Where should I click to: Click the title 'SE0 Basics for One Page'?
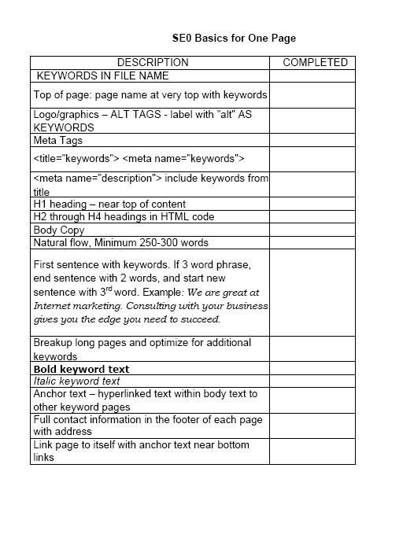(x=234, y=38)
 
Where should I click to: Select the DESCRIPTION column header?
(x=153, y=62)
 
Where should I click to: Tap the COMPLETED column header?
(x=314, y=62)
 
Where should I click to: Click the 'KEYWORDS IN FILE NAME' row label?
(x=103, y=76)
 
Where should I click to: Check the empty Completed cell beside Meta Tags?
(x=312, y=141)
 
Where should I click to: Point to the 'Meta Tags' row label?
(x=57, y=141)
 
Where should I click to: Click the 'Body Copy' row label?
(x=59, y=230)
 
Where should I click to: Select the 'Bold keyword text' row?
(x=81, y=369)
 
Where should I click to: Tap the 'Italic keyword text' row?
(x=76, y=381)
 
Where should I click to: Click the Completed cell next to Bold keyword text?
(x=312, y=369)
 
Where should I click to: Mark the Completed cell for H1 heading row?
(x=312, y=204)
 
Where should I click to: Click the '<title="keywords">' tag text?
(x=76, y=159)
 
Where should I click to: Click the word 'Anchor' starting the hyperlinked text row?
(x=50, y=394)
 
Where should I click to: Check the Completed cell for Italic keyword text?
(x=312, y=381)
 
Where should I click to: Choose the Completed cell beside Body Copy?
(x=312, y=230)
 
